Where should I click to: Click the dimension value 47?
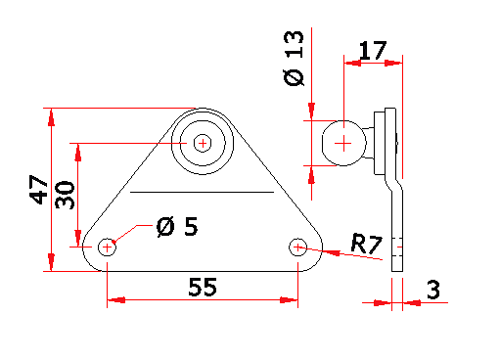click(x=39, y=190)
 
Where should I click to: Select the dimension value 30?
click(x=65, y=195)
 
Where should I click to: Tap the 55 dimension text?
click(x=203, y=287)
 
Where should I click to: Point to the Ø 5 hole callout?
click(x=177, y=226)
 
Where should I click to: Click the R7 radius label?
click(x=366, y=244)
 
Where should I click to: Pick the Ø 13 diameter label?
click(x=294, y=59)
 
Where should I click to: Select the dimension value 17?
click(x=373, y=51)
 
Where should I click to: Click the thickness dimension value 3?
click(x=433, y=290)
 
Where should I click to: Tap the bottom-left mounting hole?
click(x=107, y=247)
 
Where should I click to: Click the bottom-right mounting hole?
click(x=297, y=247)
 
